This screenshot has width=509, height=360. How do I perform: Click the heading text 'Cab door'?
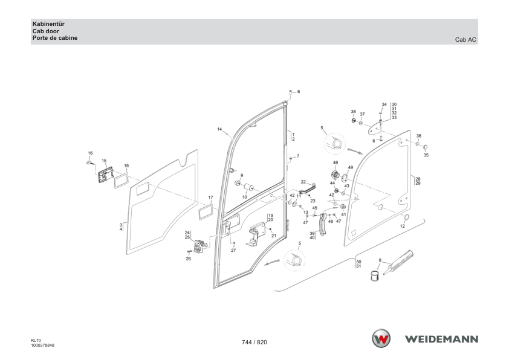pyautogui.click(x=46, y=31)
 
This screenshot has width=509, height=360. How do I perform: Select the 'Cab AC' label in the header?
pyautogui.click(x=465, y=40)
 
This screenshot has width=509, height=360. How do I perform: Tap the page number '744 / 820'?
pyautogui.click(x=254, y=342)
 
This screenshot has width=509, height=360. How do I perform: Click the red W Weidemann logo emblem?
pyautogui.click(x=381, y=339)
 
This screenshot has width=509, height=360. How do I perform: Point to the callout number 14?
pyautogui.click(x=219, y=129)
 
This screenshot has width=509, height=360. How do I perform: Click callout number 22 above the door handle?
pyautogui.click(x=303, y=182)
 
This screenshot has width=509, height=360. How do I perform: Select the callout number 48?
pyautogui.click(x=336, y=162)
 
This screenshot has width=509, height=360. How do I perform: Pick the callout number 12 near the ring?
pyautogui.click(x=403, y=226)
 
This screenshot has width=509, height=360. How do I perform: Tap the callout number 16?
pyautogui.click(x=90, y=153)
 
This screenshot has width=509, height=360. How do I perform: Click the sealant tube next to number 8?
pyautogui.click(x=398, y=262)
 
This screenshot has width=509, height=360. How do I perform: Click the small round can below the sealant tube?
pyautogui.click(x=375, y=275)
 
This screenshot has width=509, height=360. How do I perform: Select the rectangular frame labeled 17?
pyautogui.click(x=206, y=212)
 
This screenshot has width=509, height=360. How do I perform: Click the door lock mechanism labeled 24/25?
pyautogui.click(x=199, y=246)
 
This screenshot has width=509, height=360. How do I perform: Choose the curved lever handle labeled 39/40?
pyautogui.click(x=323, y=225)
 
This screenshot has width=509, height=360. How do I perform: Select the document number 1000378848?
pyautogui.click(x=42, y=346)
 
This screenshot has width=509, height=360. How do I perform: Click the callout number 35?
pyautogui.click(x=426, y=155)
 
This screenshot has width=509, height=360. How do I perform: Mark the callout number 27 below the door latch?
pyautogui.click(x=233, y=251)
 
